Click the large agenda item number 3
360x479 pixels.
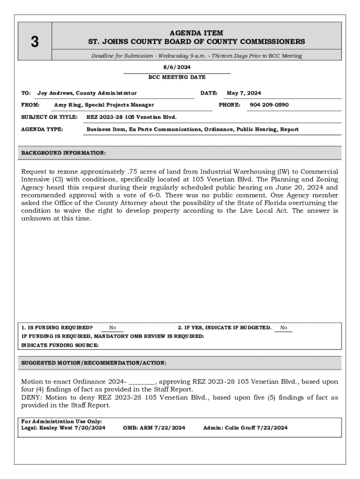tap(35, 42)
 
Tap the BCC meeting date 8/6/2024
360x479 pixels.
tap(177, 67)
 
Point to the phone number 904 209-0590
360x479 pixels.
tap(269, 105)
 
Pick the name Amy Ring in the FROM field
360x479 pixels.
tap(68, 105)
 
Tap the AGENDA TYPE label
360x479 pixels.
tap(42, 129)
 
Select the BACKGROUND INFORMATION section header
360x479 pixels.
tap(64, 153)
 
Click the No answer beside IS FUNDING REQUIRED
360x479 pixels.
tap(113, 328)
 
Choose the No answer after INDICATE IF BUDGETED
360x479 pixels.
tap(284, 328)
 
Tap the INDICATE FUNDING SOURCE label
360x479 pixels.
tap(60, 345)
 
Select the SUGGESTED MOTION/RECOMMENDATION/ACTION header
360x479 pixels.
tap(94, 363)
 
